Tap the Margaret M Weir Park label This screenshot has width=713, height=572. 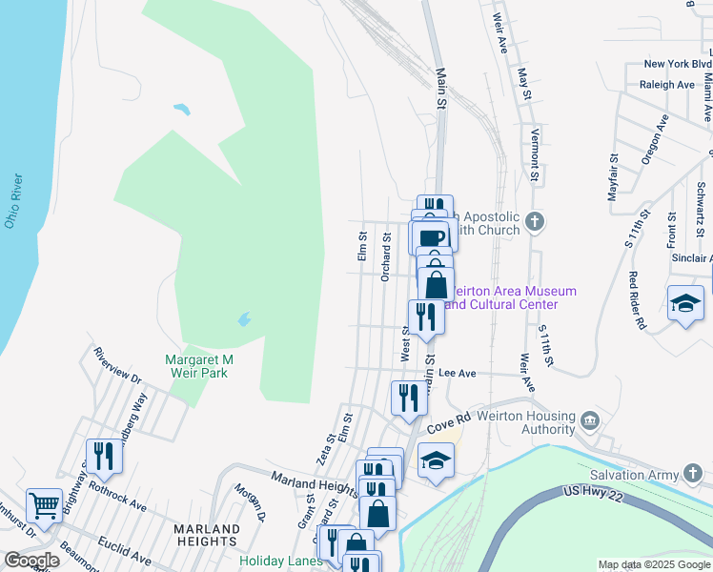coord(199,367)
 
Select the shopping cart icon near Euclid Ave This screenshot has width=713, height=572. coord(44,502)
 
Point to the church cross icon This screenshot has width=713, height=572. coord(535,222)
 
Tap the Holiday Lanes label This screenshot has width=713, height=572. coord(281,561)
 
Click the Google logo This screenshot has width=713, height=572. coord(32,561)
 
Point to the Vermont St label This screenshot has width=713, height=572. coord(535,155)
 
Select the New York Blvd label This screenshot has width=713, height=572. coord(678,65)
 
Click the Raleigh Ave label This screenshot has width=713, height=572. coord(668,85)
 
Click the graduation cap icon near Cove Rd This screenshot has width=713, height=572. coord(436,460)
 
